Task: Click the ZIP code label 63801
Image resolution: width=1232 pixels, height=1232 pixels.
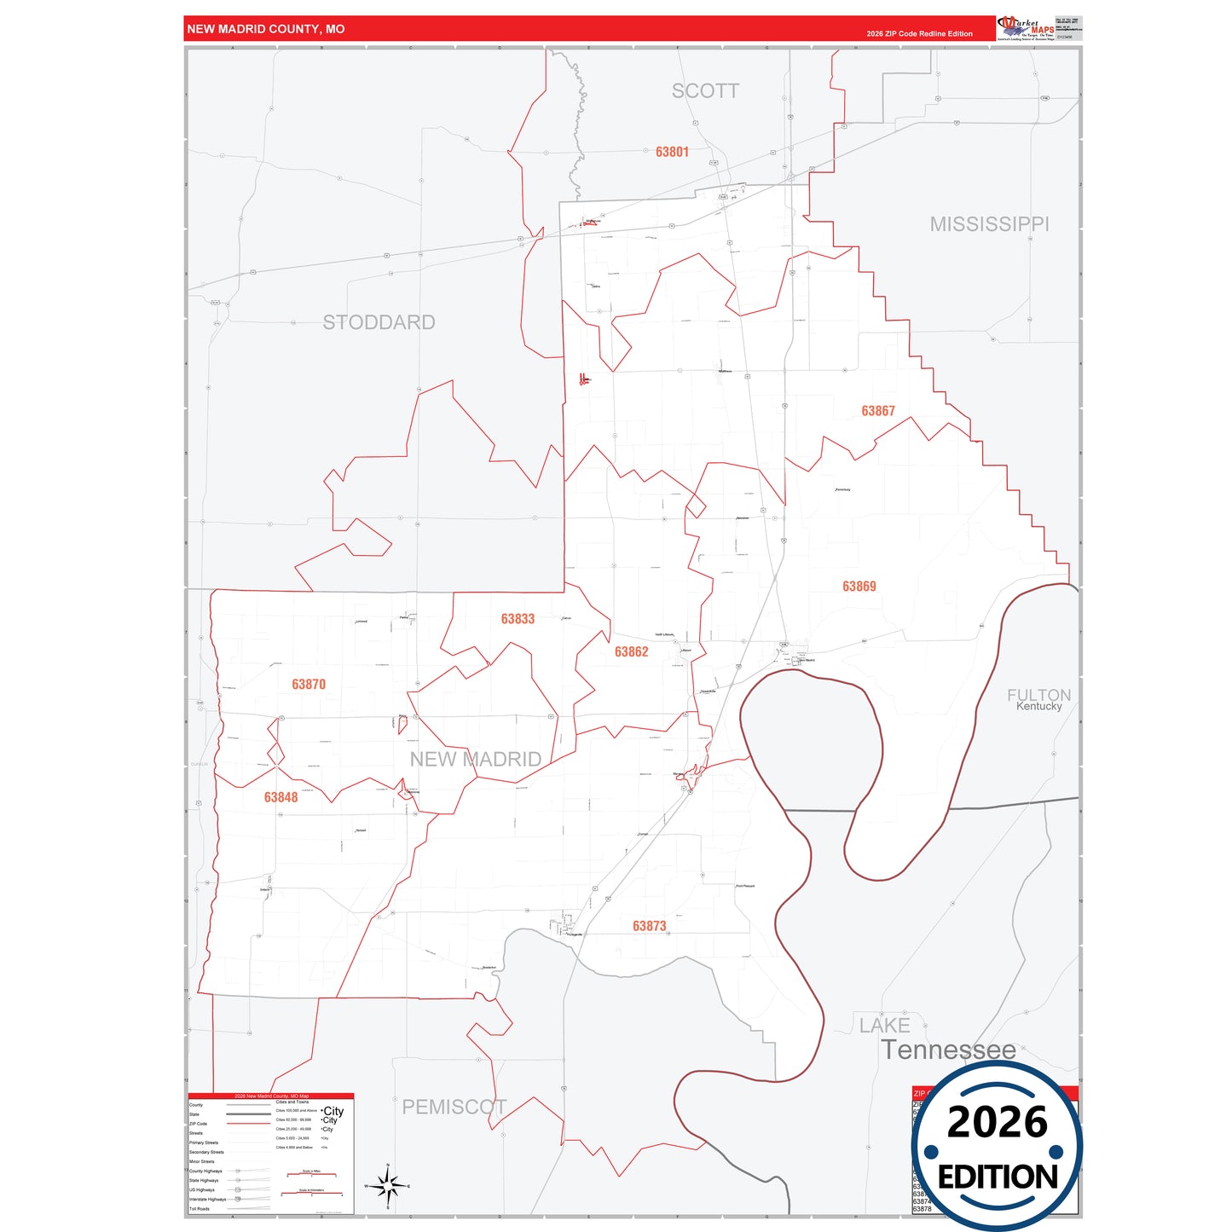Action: (672, 152)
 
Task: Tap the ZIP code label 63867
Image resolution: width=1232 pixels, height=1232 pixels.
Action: (877, 411)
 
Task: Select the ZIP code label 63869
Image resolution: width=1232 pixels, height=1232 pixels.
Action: (859, 587)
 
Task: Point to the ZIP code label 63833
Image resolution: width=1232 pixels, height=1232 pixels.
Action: (518, 619)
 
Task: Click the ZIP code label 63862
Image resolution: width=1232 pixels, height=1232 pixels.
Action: (631, 652)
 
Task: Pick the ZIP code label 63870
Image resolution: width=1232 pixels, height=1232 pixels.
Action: (308, 685)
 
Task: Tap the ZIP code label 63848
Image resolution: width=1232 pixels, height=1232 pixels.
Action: (281, 797)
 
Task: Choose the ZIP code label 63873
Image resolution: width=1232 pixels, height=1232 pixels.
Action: (649, 926)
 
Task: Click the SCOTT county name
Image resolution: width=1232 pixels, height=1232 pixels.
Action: (705, 91)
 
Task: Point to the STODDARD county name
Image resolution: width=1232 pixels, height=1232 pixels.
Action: (379, 322)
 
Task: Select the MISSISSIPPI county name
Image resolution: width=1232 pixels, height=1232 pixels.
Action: (989, 224)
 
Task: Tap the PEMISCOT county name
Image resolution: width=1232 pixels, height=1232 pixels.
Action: (454, 1107)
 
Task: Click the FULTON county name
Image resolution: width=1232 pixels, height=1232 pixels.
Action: (1038, 695)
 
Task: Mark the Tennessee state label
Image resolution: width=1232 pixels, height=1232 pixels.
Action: (948, 1050)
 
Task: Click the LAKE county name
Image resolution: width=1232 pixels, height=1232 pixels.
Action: (884, 1026)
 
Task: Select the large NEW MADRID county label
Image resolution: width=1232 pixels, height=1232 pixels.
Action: (475, 759)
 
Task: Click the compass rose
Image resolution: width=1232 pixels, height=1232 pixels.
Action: (387, 1186)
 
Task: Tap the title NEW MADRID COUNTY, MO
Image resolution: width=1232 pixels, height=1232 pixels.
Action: (266, 29)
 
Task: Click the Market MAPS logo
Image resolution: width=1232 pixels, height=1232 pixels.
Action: (1026, 28)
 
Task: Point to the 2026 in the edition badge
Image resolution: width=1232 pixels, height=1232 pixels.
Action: (997, 1122)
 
